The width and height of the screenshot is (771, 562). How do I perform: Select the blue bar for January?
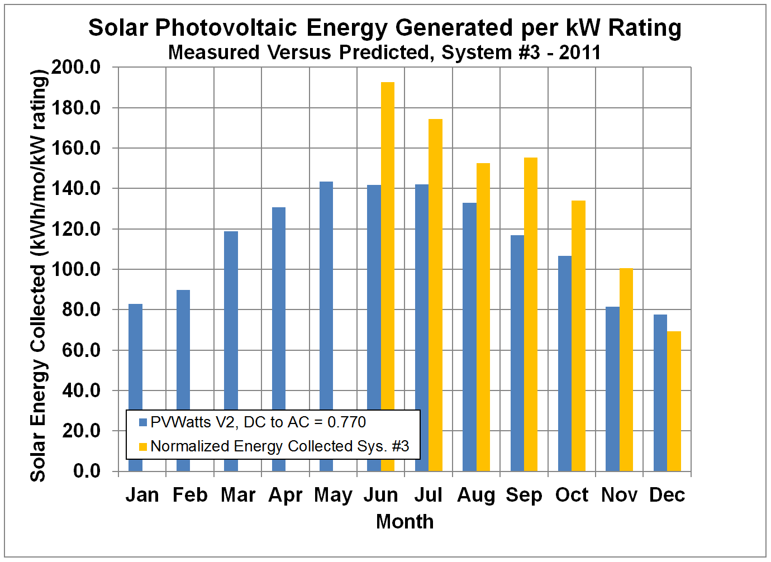135,358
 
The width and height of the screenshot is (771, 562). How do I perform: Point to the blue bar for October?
565,363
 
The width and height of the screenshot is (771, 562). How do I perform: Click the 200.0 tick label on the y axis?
76,68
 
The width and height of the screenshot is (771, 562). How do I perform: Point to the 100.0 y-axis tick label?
76,269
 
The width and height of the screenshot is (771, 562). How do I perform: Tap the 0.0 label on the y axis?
87,471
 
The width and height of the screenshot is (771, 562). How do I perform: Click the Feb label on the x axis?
190,495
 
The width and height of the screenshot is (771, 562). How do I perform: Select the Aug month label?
476,495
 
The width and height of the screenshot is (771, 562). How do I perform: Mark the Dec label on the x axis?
667,495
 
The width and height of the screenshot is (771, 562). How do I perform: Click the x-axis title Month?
404,522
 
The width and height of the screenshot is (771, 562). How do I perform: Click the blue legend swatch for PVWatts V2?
143,422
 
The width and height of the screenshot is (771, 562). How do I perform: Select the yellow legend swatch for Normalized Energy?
143,446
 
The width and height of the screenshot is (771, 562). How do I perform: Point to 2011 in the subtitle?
580,53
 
